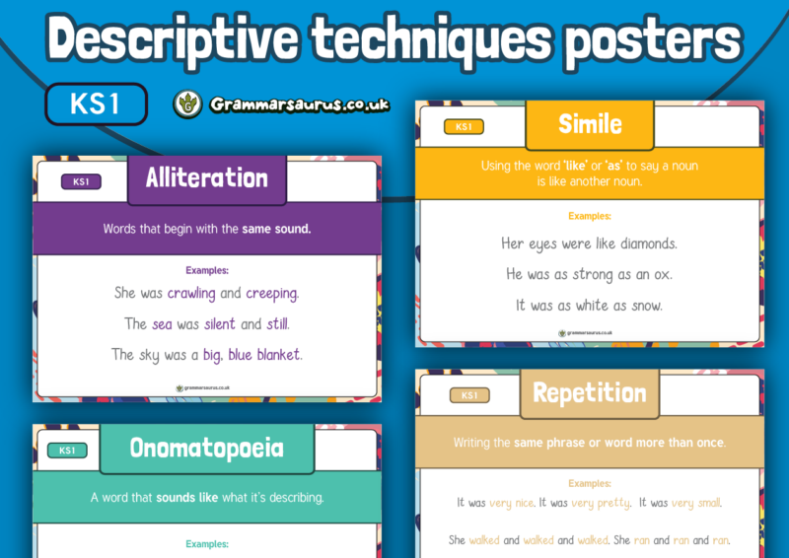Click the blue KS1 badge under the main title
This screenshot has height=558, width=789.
(x=96, y=104)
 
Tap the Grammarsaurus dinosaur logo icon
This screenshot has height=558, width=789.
(x=187, y=105)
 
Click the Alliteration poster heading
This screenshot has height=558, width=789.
(x=207, y=178)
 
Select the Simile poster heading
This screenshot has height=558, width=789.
(x=590, y=124)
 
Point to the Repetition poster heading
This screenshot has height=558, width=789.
(x=590, y=393)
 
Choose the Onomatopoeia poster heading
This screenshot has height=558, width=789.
(x=206, y=450)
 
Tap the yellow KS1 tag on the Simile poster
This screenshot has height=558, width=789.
(x=464, y=127)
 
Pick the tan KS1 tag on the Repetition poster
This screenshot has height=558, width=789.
(x=469, y=396)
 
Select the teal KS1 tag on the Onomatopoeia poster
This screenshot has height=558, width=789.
(x=67, y=451)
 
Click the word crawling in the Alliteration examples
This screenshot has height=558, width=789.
(x=191, y=293)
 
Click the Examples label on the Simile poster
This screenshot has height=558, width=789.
(x=589, y=216)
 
